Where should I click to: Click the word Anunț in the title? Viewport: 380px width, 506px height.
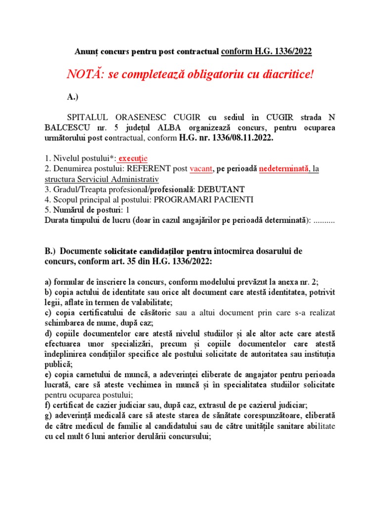click(86, 51)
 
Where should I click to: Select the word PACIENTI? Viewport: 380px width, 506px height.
click(230, 200)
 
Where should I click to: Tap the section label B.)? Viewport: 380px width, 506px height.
click(50, 251)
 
